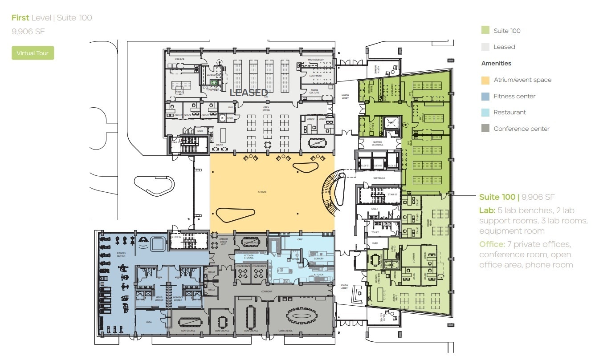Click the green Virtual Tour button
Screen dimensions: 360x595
pos(33,53)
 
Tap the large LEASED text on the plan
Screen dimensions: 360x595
pos(248,93)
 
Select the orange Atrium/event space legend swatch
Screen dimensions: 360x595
pos(486,80)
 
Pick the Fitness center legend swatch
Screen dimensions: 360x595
pos(486,96)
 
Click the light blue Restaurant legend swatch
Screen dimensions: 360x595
pos(486,113)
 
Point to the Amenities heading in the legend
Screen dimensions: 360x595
pos(496,64)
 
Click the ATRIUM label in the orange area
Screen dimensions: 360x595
pos(262,192)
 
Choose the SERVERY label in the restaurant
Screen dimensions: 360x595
pos(318,259)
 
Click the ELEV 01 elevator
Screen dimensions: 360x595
pos(365,166)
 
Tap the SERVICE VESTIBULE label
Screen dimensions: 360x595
pos(377,143)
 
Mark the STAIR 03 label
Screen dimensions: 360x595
pos(392,194)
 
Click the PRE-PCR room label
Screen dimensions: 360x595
pos(179,59)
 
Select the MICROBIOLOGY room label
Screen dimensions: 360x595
pos(315,60)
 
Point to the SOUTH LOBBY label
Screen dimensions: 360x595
pos(344,287)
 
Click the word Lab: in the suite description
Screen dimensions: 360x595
pos(487,210)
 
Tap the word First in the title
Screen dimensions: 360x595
pos(20,18)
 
